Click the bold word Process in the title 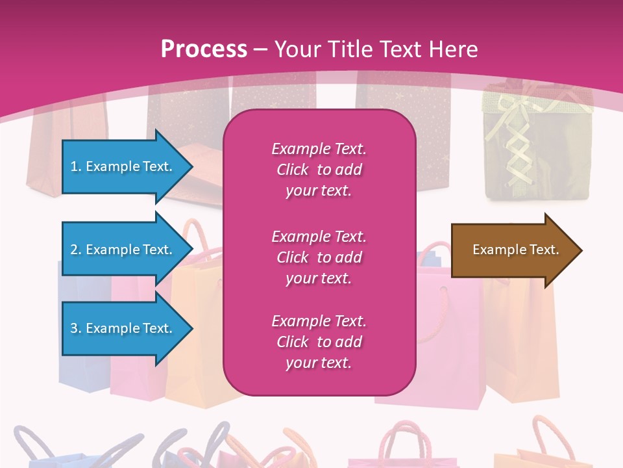[x=204, y=49]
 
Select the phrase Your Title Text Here [x=376, y=49]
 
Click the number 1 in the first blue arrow [x=74, y=166]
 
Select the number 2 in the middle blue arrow [x=75, y=250]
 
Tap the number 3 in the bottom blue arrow [x=75, y=328]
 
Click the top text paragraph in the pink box [x=319, y=170]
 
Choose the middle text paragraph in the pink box [x=319, y=257]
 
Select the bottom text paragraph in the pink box [x=319, y=342]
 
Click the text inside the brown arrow [x=516, y=250]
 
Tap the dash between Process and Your [x=261, y=49]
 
